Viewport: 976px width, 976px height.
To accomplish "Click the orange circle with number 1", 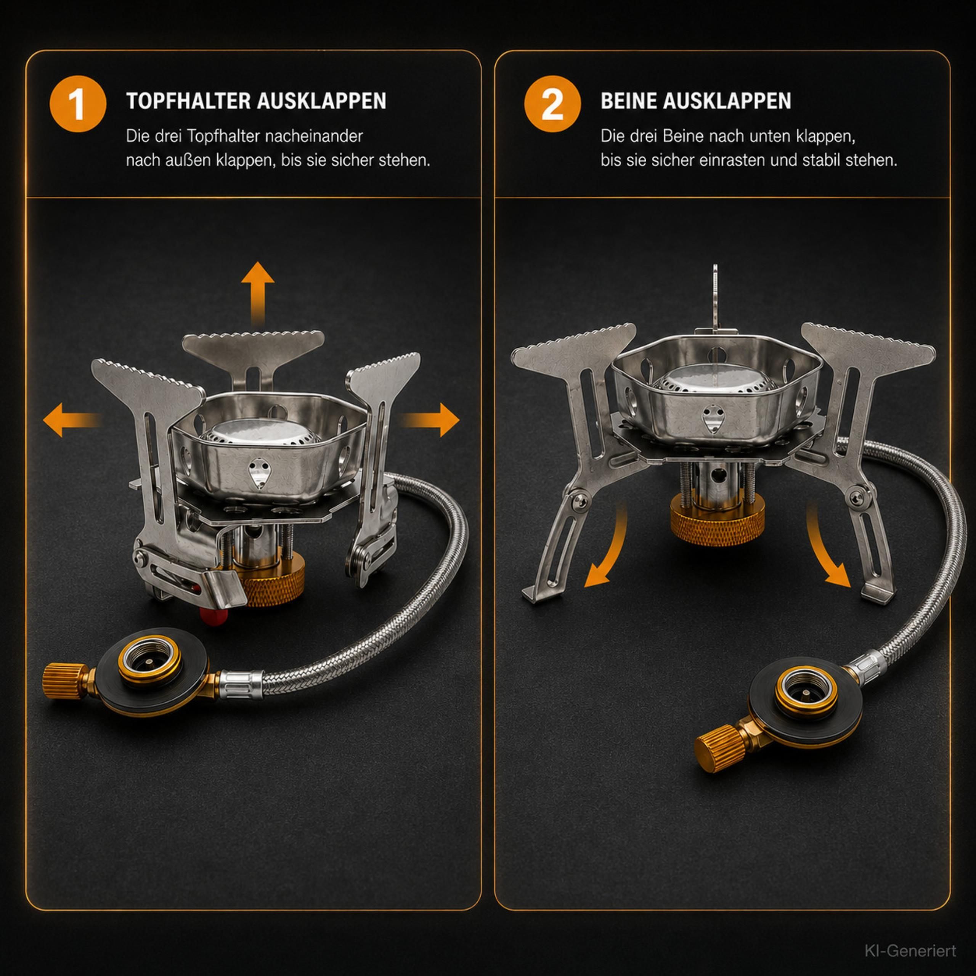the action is click(x=78, y=104).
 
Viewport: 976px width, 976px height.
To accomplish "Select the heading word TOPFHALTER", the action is click(x=188, y=101).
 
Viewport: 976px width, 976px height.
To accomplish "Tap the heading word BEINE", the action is click(x=628, y=101).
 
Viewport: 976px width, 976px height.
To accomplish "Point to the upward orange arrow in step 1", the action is click(x=258, y=293).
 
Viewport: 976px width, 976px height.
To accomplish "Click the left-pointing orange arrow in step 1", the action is click(x=72, y=419).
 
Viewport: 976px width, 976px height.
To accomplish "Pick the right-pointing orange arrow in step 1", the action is click(x=430, y=419).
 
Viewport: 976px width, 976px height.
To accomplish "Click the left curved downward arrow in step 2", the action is click(x=609, y=548).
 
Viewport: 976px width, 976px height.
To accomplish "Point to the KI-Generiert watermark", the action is click(x=910, y=951).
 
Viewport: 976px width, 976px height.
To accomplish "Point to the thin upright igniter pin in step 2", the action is click(x=715, y=298).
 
